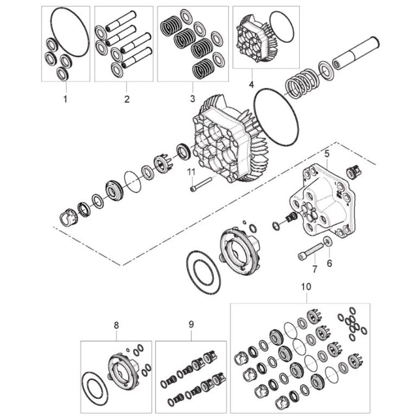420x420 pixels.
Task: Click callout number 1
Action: [65, 99]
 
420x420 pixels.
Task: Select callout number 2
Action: [127, 99]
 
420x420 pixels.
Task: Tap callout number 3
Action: [192, 98]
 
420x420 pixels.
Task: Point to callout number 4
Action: [251, 84]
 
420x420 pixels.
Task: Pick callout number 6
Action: [329, 263]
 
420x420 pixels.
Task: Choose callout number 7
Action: [315, 269]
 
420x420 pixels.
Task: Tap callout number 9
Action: [191, 324]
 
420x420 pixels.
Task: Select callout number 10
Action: [306, 286]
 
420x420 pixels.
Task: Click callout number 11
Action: [191, 172]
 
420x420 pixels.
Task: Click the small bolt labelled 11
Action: [201, 184]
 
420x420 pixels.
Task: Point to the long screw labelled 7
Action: [311, 249]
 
